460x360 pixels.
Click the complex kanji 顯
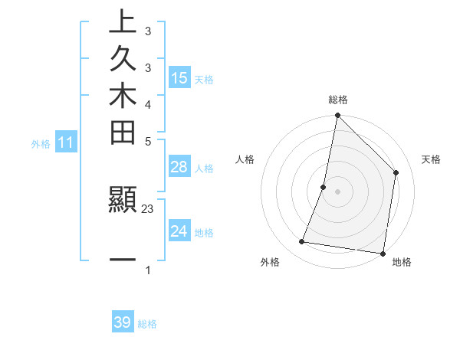tap(123, 200)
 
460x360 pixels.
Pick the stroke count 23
tap(148, 208)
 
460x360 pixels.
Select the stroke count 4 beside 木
tap(147, 104)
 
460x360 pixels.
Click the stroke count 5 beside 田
tap(147, 141)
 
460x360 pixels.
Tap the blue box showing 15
tap(179, 78)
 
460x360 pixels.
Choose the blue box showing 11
tap(67, 142)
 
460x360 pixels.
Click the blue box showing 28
tap(179, 167)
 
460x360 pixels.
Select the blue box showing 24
tap(179, 231)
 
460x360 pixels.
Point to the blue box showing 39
tap(123, 322)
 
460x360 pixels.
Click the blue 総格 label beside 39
tap(147, 324)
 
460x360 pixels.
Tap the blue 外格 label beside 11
tap(41, 143)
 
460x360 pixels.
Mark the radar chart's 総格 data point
tap(337, 116)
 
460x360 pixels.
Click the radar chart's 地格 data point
tap(383, 253)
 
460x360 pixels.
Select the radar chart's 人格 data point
tap(324, 187)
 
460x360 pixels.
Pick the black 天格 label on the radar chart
tap(431, 159)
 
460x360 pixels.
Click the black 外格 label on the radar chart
tap(270, 262)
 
